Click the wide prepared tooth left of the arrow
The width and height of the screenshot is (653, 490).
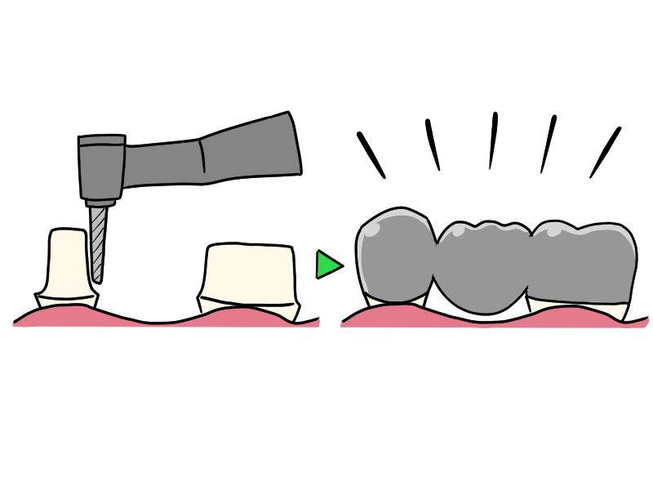(x=248, y=273)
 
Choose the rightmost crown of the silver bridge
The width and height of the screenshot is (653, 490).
(x=584, y=261)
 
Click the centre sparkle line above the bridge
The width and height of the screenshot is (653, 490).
(x=493, y=140)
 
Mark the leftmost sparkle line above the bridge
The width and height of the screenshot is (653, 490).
(x=371, y=154)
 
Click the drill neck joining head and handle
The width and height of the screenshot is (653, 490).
(x=163, y=158)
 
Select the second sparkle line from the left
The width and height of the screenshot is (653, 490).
(x=433, y=145)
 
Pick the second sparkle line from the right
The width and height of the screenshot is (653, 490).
(x=549, y=143)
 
